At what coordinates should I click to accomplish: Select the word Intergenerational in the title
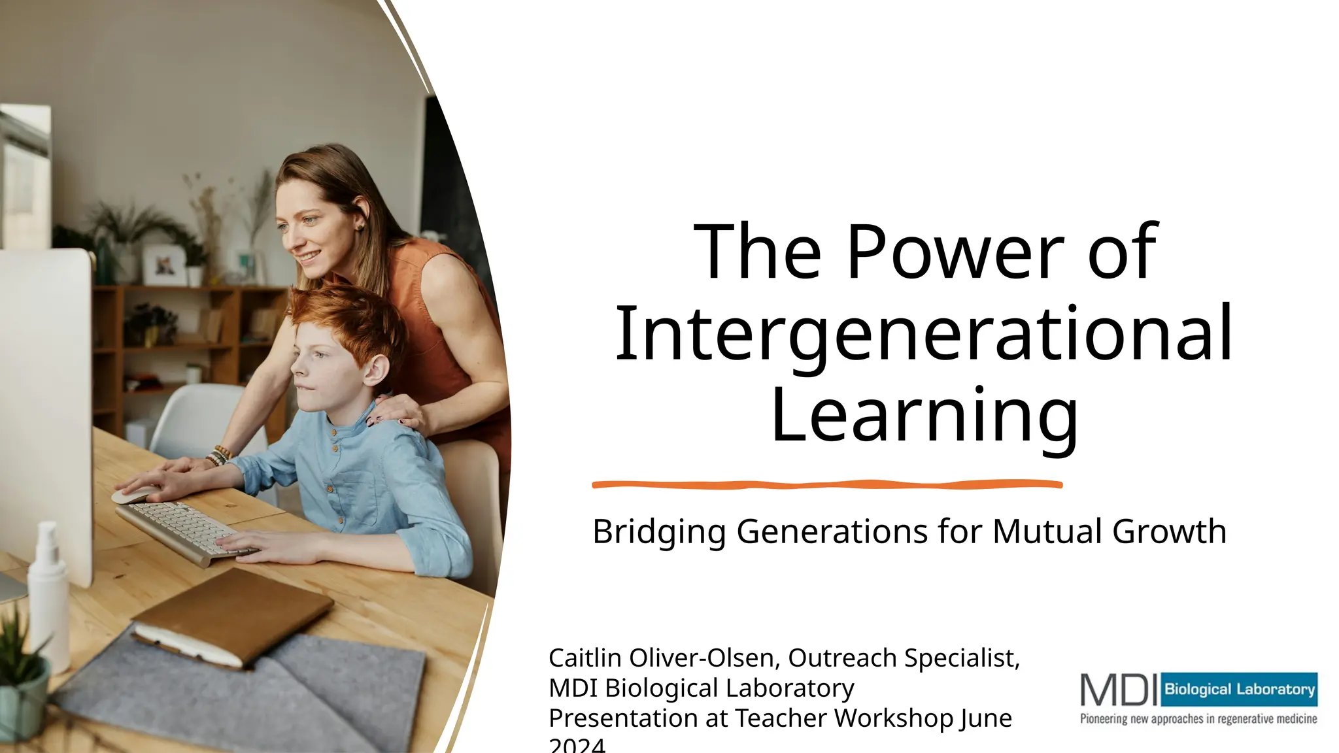924,334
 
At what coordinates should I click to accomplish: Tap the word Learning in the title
924,416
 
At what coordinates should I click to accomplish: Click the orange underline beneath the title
826,484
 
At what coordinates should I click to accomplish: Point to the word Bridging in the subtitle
658,531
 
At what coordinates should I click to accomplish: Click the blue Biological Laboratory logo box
1239,689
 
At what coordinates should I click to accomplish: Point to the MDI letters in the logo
1119,690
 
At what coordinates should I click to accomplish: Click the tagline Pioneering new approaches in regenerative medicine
1198,719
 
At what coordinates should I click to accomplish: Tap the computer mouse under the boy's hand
135,495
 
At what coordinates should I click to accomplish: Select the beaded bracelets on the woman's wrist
219,456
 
